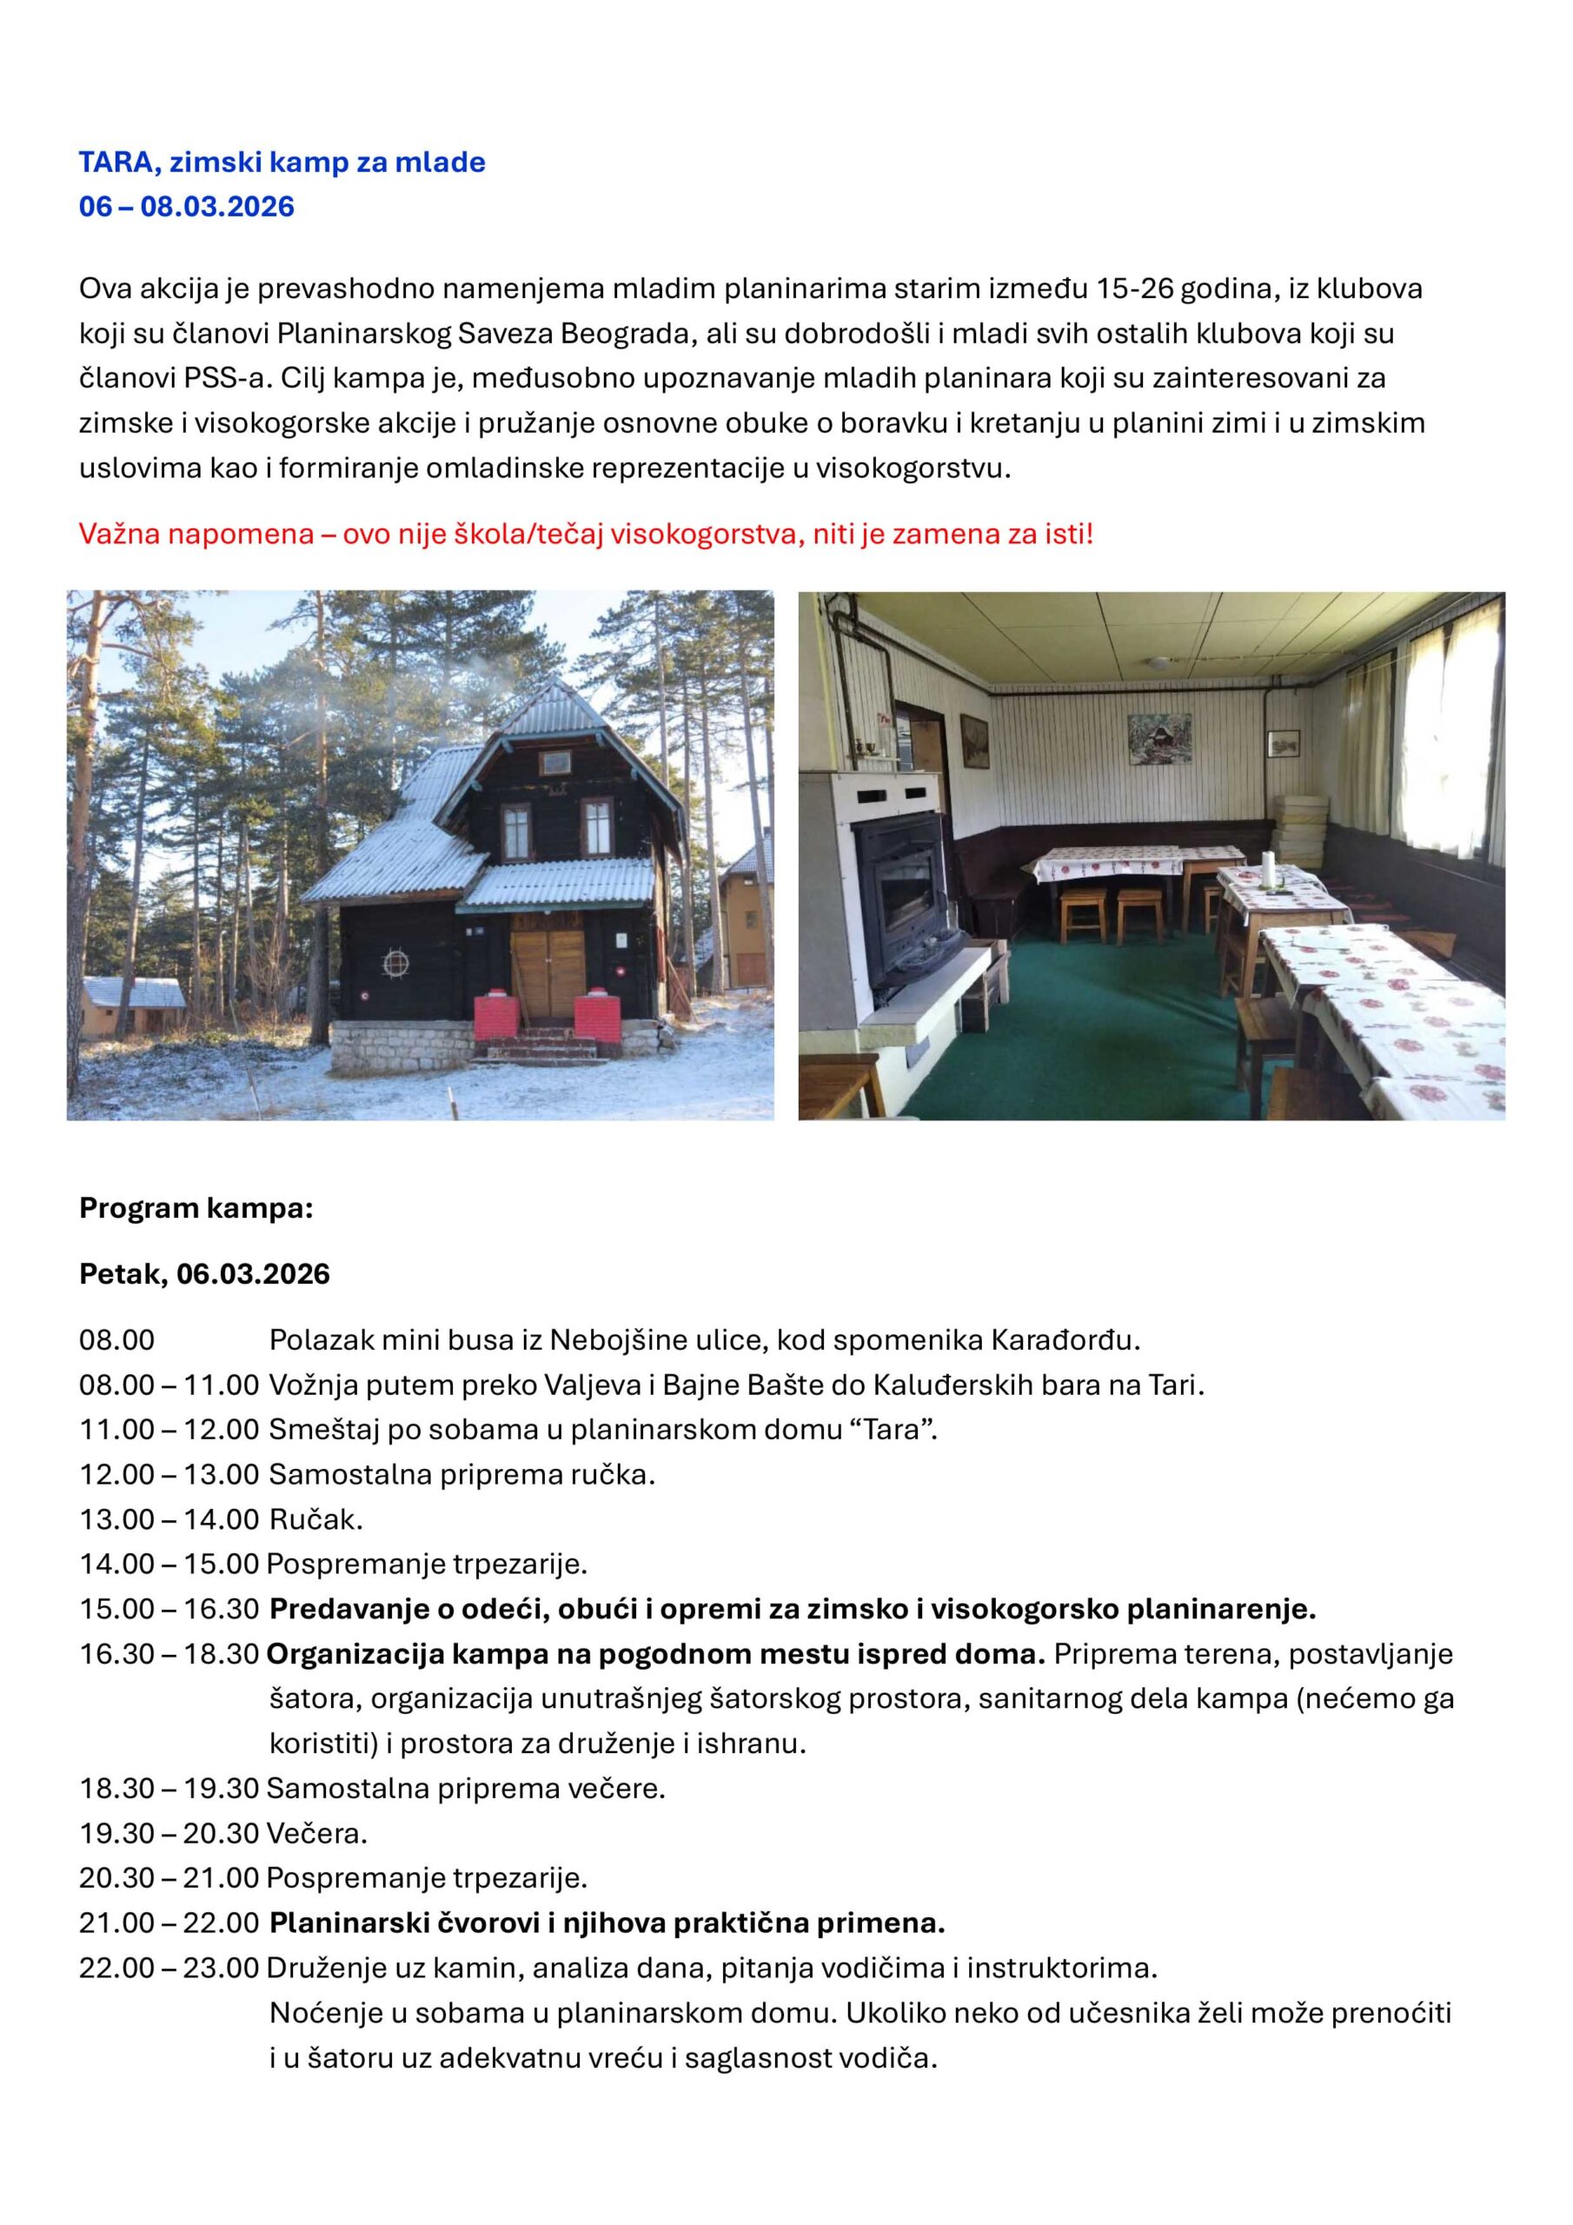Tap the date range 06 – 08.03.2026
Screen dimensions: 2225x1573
186,206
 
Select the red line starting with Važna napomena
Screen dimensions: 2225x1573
586,534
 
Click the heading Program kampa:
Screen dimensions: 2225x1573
196,1208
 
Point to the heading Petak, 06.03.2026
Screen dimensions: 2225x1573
203,1273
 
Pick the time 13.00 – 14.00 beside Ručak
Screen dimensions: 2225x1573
169,1519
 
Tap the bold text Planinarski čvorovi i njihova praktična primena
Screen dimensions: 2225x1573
607,1923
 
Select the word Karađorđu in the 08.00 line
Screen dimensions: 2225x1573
1065,1340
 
